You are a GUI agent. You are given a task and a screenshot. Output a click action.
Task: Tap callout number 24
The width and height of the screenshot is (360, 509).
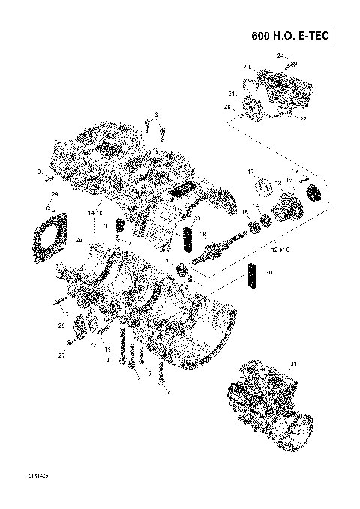tap(279, 55)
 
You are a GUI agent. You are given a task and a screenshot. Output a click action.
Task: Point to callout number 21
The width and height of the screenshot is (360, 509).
tap(232, 94)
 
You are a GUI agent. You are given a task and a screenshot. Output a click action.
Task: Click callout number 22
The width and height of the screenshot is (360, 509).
tap(303, 118)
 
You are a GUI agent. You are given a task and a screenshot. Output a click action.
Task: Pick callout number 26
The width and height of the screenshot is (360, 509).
tap(227, 107)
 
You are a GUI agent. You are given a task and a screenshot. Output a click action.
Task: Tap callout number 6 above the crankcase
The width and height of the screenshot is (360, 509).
tap(156, 115)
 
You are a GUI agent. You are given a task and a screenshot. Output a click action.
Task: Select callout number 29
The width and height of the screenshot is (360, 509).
tap(55, 195)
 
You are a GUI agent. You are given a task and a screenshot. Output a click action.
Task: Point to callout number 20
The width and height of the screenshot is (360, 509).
tap(269, 273)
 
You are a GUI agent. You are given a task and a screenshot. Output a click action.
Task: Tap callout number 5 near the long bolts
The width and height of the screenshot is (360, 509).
tap(149, 373)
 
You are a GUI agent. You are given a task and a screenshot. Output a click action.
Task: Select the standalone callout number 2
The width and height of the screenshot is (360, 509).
tap(108, 361)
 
